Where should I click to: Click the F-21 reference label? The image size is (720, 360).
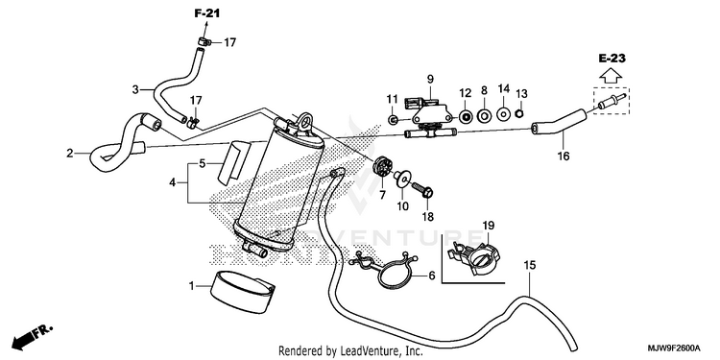click(x=207, y=13)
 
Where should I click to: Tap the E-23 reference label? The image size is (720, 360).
click(x=612, y=59)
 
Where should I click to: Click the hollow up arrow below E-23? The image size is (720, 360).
click(x=612, y=76)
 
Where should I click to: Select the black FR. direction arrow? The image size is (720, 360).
click(x=33, y=337)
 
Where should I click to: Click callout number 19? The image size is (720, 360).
click(x=488, y=226)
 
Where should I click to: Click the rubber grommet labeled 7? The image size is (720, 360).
click(x=380, y=168)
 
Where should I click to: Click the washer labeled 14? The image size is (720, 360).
click(x=503, y=113)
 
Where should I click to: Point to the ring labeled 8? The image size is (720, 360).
click(x=484, y=116)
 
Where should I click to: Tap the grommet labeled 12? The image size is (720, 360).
click(x=466, y=116)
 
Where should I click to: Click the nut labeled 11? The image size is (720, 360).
click(x=393, y=120)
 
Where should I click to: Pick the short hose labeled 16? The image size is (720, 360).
click(x=559, y=122)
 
